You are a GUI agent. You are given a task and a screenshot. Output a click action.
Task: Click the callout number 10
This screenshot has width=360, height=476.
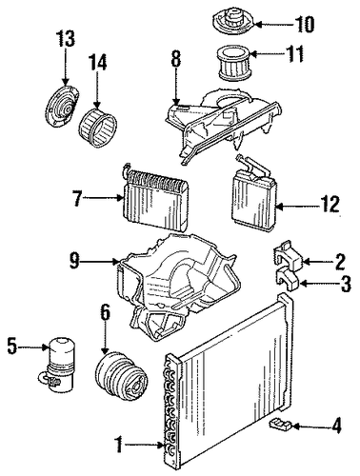[x=305, y=24]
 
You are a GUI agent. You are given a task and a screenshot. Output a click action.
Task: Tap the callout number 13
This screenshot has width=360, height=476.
[x=66, y=38]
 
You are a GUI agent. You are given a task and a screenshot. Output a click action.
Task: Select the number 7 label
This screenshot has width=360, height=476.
[x=77, y=198]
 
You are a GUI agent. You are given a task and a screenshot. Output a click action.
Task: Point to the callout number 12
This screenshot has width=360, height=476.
[x=330, y=204]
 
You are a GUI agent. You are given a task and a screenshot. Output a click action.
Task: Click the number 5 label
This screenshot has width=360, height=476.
[x=12, y=347]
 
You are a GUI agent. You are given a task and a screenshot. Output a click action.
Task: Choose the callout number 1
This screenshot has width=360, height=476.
[x=118, y=445]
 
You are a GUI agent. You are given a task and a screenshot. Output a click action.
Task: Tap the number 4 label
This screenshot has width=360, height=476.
[x=336, y=426]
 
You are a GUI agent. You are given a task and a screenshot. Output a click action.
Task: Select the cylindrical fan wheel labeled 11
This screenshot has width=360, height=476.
[x=233, y=63]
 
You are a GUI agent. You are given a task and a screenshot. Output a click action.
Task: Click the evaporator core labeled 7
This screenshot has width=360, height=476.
[x=155, y=198]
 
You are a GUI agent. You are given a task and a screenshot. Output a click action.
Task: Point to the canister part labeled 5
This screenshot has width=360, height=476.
[x=59, y=363]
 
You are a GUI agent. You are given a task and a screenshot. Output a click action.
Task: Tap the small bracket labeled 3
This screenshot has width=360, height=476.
[x=288, y=278]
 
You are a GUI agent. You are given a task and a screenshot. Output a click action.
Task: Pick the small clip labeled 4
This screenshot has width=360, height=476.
[x=281, y=424]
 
